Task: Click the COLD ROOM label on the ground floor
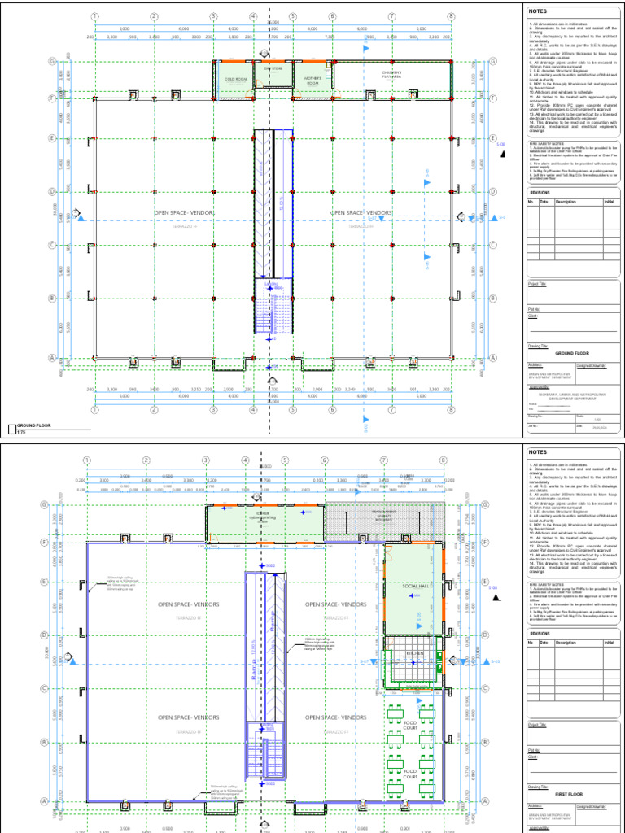point(235,79)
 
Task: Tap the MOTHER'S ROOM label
point(312,81)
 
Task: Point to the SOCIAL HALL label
point(415,585)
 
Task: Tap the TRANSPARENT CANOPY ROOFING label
point(382,515)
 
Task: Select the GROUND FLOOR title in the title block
point(570,354)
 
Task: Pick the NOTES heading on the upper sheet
point(538,12)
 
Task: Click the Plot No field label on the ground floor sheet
point(535,309)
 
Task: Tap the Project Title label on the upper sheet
point(538,284)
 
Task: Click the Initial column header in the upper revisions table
point(609,201)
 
